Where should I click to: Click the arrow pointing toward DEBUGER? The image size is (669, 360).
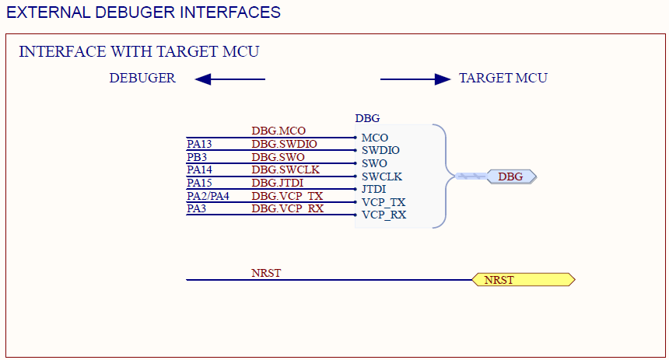pyautogui.click(x=230, y=79)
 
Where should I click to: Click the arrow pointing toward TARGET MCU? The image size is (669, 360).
pyautogui.click(x=415, y=79)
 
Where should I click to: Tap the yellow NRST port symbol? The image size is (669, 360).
pyautogui.click(x=524, y=280)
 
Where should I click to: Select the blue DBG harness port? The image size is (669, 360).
pyautogui.click(x=512, y=177)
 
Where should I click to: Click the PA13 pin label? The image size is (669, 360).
pyautogui.click(x=199, y=144)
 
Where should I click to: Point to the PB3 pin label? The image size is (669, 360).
pyautogui.click(x=197, y=157)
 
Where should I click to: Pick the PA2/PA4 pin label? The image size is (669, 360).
pyautogui.click(x=208, y=196)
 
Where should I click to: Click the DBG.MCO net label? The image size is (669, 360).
pyautogui.click(x=278, y=131)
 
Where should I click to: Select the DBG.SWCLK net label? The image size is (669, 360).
pyautogui.click(x=285, y=170)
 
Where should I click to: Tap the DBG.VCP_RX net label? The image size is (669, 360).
pyautogui.click(x=288, y=208)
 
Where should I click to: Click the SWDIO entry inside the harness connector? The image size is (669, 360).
pyautogui.click(x=380, y=151)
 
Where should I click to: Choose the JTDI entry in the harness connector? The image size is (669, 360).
pyautogui.click(x=373, y=190)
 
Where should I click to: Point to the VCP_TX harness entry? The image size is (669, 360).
pyautogui.click(x=384, y=203)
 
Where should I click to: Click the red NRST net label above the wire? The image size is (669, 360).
pyautogui.click(x=266, y=273)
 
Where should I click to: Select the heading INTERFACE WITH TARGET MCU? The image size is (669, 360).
pyautogui.click(x=139, y=51)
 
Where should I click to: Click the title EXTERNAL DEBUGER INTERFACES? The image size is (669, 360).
pyautogui.click(x=143, y=12)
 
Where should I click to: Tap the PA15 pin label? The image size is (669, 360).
pyautogui.click(x=199, y=183)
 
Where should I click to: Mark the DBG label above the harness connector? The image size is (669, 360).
pyautogui.click(x=367, y=118)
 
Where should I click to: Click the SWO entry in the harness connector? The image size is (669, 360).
pyautogui.click(x=374, y=163)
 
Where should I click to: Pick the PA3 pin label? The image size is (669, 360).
pyautogui.click(x=196, y=208)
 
